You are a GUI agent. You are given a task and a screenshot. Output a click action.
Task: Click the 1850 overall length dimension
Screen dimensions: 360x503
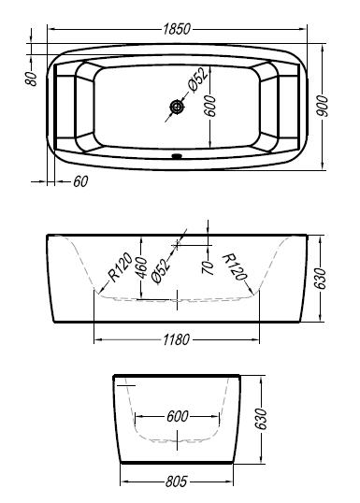click(177, 29)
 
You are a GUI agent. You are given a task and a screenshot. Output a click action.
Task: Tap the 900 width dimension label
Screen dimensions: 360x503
click(322, 107)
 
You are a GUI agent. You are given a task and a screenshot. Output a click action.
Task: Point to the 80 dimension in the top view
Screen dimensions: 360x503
click(31, 79)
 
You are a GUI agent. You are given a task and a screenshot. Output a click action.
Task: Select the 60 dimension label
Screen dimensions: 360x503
click(80, 181)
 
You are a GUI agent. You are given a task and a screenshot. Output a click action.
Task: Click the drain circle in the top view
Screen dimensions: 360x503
click(176, 107)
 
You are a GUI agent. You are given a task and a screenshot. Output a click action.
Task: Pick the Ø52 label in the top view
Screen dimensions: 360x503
click(198, 79)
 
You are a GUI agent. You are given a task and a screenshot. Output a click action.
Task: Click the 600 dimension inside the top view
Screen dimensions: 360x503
click(210, 106)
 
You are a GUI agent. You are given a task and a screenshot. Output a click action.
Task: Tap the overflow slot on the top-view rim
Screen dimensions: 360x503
click(177, 156)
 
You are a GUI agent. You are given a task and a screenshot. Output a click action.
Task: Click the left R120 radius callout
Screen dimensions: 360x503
click(120, 266)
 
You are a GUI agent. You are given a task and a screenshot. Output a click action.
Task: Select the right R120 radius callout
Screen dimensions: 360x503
click(236, 266)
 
